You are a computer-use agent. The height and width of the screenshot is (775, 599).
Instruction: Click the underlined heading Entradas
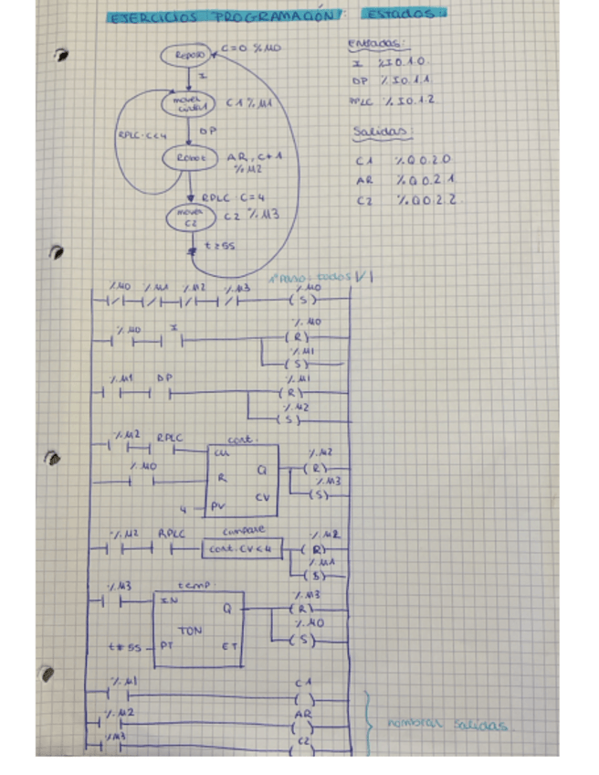tap(378, 44)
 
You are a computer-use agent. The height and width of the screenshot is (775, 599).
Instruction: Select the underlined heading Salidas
tap(376, 133)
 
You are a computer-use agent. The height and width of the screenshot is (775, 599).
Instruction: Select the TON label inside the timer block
tap(189, 631)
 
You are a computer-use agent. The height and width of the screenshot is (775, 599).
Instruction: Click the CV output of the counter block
tap(262, 497)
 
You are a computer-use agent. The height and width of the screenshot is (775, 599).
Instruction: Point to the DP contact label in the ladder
tap(164, 377)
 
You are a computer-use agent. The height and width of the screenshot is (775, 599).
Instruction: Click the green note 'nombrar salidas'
tap(447, 725)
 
